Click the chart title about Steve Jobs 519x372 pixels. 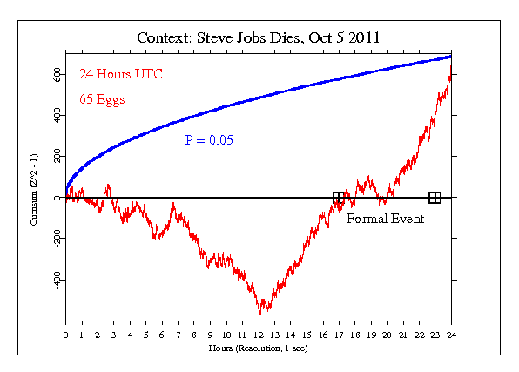coord(259,39)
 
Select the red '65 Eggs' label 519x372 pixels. coord(102,99)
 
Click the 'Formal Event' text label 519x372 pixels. coord(385,219)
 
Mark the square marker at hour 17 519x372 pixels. coord(338,198)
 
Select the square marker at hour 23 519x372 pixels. coord(435,198)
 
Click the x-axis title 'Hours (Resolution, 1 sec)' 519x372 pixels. coord(259,347)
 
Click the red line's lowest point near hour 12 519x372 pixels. coord(259,312)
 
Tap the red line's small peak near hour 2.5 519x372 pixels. coord(107,185)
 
